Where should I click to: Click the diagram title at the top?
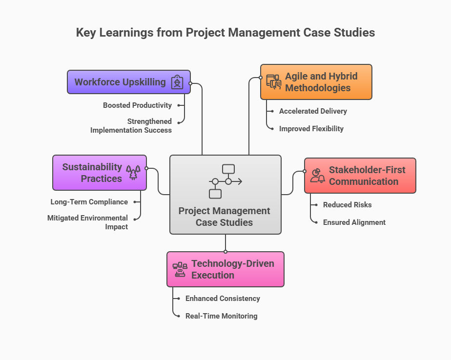tap(225, 33)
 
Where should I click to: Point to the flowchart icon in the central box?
tap(225, 181)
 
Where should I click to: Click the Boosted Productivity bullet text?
tap(137, 105)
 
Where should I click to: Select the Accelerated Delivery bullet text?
tap(313, 111)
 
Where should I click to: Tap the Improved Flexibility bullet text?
tap(311, 129)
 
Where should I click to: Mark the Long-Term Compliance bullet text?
tap(89, 202)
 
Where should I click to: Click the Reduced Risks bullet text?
tap(347, 205)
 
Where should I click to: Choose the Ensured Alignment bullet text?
tap(354, 222)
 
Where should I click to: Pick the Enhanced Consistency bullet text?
tap(223, 299)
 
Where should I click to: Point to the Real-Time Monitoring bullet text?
tap(221, 316)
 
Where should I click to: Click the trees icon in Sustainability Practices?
tap(133, 173)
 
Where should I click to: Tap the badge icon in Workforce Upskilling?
tap(177, 82)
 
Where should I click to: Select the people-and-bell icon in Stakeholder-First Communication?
tap(318, 176)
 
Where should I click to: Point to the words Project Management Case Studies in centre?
tap(225, 217)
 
